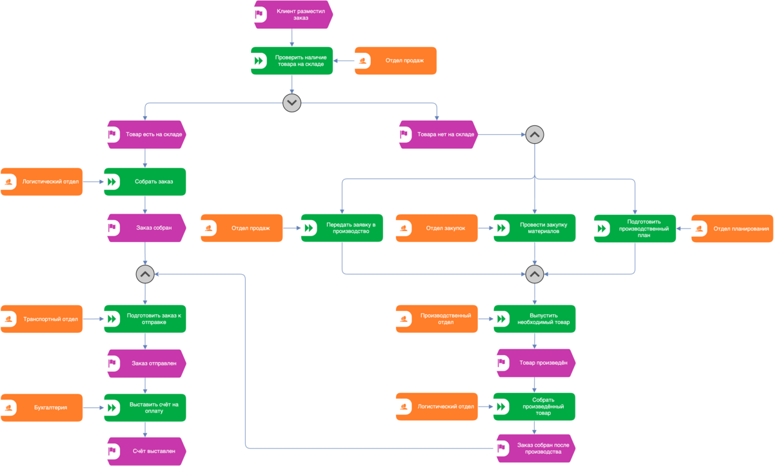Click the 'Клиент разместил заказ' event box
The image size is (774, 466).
coord(293,14)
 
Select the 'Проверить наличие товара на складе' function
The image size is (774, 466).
coord(292,61)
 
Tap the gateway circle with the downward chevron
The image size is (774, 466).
coord(292,103)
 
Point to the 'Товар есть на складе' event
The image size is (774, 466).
coord(147,134)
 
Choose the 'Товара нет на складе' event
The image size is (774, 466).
coord(439,134)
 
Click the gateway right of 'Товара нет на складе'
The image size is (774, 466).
coord(535,134)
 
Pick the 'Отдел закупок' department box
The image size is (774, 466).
coord(437,228)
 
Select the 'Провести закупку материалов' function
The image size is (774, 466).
coord(535,228)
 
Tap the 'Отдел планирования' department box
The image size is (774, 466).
coord(732,228)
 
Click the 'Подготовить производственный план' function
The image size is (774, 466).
coord(635,228)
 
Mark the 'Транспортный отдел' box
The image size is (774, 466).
coord(41,319)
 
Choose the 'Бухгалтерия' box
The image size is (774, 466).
coord(41,407)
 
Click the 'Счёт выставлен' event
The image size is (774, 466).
coord(147,451)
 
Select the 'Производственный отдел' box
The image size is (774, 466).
coord(437,319)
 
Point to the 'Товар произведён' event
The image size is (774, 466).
coord(536,363)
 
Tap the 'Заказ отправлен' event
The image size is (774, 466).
coord(147,363)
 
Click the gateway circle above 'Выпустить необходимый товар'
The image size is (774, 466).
coord(535,274)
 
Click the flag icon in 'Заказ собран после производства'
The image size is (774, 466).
coord(501,448)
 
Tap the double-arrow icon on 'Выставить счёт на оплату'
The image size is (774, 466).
coord(112,407)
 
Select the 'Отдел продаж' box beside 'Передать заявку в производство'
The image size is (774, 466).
coord(241,228)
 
